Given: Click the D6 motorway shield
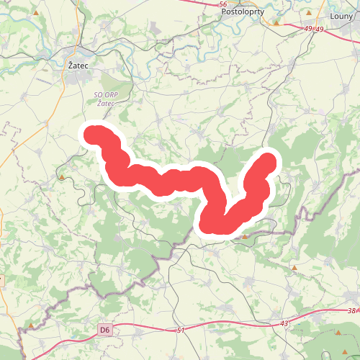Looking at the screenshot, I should point(105,330).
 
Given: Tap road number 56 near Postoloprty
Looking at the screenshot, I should point(222,4).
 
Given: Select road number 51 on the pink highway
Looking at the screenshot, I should point(181,330).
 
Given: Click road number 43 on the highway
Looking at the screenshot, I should point(284,323).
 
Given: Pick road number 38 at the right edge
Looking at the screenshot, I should point(351,311).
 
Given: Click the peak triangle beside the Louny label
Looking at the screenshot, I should point(309,13).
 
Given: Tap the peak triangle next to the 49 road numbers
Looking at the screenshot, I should point(275,22).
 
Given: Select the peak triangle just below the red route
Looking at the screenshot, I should point(245,235).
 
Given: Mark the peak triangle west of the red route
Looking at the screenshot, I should point(63,177).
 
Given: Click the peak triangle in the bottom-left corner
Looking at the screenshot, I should point(32,326).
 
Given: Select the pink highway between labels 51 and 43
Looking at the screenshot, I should point(230,328).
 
